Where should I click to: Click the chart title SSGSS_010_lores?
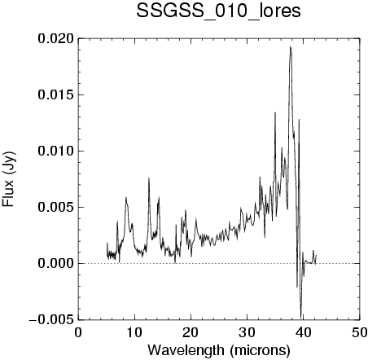[x=218, y=11]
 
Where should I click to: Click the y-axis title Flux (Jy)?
[x=9, y=179]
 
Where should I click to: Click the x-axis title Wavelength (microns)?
[x=219, y=350]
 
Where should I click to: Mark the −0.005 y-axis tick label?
[x=51, y=320]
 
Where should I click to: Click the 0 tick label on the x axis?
[x=78, y=332]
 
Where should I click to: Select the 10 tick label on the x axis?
[x=134, y=332]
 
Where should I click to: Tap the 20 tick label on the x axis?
[x=191, y=332]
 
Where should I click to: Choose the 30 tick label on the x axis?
[x=248, y=332]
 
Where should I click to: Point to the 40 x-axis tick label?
[x=304, y=332]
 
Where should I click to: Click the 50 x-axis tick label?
[x=360, y=332]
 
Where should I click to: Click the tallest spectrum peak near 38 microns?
[x=291, y=47]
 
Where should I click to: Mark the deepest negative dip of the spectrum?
[x=300, y=316]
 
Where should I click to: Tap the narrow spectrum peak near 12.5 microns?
[x=149, y=178]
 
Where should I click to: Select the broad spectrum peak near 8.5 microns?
[x=126, y=198]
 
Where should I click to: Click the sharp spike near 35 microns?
[x=275, y=112]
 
